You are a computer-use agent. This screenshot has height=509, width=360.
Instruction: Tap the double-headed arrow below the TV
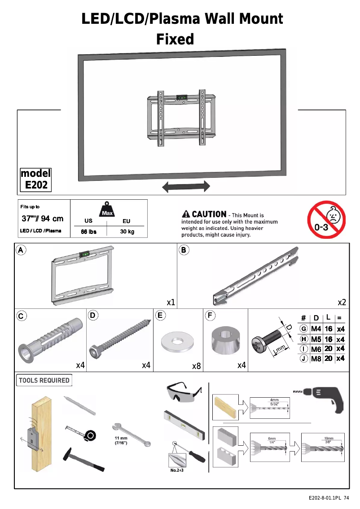(186, 187)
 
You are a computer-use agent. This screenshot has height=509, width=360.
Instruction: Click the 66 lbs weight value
(89, 232)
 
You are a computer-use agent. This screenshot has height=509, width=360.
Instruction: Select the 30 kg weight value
(127, 232)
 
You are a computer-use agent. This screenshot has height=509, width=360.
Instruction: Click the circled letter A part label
(21, 250)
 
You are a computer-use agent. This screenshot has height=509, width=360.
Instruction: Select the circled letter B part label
(184, 250)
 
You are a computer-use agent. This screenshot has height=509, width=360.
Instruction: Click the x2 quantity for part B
(342, 303)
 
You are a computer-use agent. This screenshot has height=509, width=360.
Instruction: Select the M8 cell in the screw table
(316, 359)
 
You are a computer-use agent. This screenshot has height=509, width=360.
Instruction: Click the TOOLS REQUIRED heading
(44, 381)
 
